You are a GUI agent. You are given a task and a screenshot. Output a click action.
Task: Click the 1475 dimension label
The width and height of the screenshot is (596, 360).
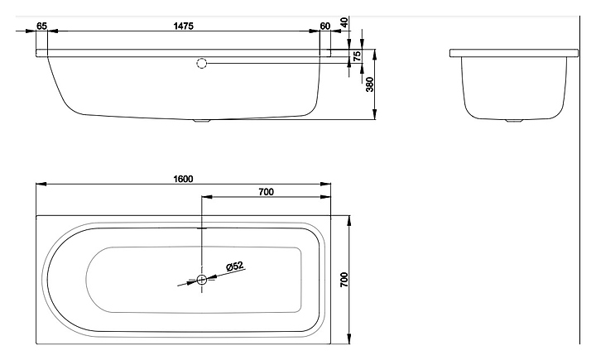(183, 26)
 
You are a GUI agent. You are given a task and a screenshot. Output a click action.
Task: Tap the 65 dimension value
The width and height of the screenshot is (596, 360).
(41, 26)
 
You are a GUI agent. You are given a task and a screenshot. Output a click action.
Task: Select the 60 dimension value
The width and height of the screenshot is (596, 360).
(325, 26)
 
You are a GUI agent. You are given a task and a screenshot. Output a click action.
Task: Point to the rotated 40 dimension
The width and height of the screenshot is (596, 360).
(344, 22)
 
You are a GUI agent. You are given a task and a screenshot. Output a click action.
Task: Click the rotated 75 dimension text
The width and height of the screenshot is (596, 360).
(357, 56)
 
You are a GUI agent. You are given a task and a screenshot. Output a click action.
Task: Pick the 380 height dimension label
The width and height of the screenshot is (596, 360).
(369, 84)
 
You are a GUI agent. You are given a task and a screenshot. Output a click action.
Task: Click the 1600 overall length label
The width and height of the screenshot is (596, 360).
(183, 179)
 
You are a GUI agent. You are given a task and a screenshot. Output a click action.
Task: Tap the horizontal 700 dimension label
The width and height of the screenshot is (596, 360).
(266, 192)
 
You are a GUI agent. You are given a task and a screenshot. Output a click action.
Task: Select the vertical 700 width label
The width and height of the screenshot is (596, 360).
(344, 280)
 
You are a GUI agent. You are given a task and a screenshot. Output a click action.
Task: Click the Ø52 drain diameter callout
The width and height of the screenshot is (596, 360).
(234, 266)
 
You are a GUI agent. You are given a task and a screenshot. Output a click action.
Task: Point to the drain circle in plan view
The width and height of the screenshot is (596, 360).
(201, 280)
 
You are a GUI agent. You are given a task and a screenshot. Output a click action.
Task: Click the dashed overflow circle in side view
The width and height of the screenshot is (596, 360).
(202, 63)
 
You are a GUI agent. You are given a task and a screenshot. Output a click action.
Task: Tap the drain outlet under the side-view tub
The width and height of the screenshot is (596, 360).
(201, 122)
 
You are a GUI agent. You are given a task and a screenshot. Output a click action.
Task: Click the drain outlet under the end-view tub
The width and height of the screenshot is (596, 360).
(514, 121)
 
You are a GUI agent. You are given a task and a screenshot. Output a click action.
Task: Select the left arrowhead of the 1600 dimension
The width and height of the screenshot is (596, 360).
(41, 185)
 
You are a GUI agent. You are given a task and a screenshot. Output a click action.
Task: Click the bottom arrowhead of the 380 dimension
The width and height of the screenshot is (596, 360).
(375, 114)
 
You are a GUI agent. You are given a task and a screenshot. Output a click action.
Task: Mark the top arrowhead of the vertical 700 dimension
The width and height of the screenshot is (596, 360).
(348, 221)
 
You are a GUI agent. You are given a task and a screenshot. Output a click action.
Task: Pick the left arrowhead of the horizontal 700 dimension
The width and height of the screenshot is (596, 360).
(207, 197)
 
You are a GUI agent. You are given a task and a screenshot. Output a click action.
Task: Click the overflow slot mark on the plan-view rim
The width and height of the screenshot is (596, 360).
(201, 228)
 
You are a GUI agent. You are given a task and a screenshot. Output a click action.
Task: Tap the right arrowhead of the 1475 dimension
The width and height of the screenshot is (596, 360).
(315, 31)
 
